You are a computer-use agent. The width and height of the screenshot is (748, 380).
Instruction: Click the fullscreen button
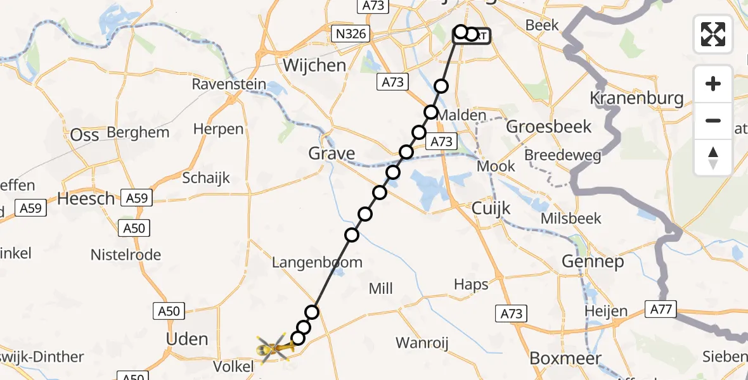click(713, 34)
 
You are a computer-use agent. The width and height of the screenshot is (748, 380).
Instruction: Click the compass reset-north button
click(713, 158)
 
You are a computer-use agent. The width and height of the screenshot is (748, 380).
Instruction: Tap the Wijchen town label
click(314, 65)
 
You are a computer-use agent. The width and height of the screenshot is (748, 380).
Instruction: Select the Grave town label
click(332, 153)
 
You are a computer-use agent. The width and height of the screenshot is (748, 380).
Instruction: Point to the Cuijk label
click(491, 208)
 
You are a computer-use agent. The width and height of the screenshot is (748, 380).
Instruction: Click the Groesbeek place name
click(550, 127)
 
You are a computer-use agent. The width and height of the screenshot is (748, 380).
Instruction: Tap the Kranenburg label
click(636, 98)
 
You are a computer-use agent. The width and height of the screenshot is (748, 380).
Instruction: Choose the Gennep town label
click(593, 261)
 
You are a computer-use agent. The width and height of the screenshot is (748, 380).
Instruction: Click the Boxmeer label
click(556, 358)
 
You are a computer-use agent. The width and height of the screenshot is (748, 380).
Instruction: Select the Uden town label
click(187, 339)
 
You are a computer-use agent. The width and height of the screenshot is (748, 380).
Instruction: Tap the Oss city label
click(84, 135)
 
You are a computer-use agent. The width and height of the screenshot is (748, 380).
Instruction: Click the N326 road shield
click(352, 33)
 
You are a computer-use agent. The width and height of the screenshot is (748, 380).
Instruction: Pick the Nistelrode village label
click(126, 255)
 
